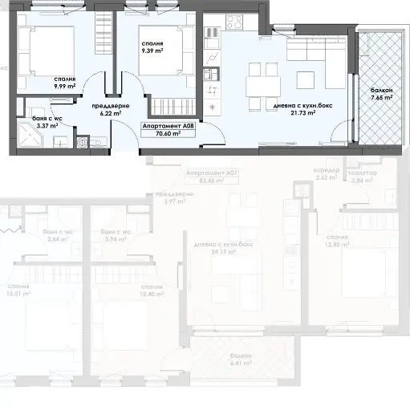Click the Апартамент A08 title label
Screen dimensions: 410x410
(x=168, y=126)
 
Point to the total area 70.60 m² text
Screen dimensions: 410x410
(x=168, y=135)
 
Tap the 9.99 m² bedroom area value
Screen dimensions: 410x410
(x=66, y=87)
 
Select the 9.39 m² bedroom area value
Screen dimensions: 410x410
(x=152, y=51)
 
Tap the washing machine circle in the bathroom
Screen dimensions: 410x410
(x=83, y=141)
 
